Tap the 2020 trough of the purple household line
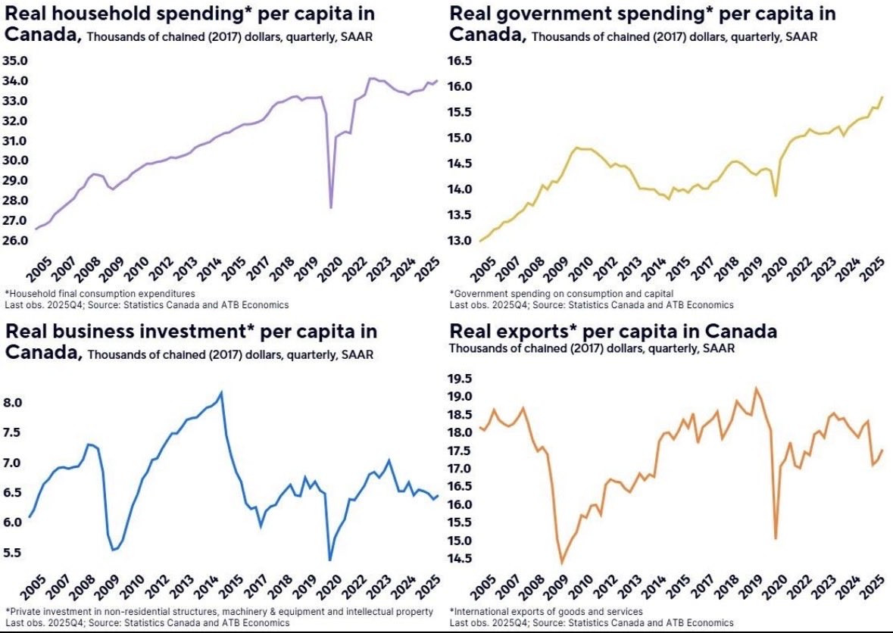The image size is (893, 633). tap(331, 207)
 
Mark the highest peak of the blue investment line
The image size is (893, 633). tap(221, 392)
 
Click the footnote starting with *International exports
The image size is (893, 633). tap(546, 611)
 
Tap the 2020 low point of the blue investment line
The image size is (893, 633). tap(329, 560)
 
